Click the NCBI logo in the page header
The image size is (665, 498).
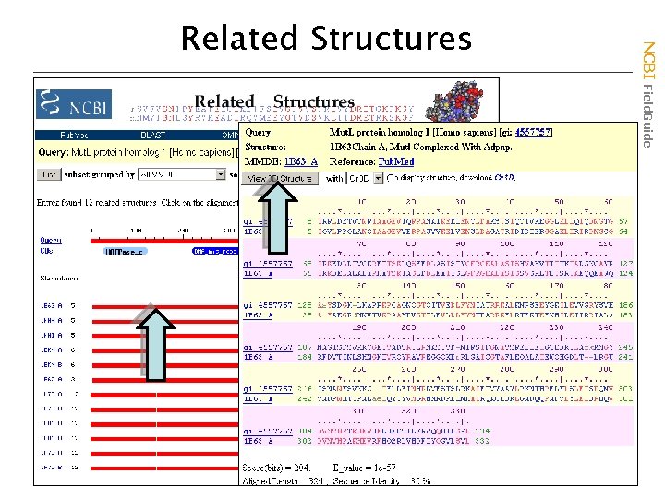click(x=75, y=104)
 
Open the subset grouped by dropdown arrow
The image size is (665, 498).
click(x=220, y=173)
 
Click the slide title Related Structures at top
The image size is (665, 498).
click(x=326, y=39)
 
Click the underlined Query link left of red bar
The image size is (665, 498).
click(x=45, y=242)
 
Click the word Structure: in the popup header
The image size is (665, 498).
click(x=266, y=147)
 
